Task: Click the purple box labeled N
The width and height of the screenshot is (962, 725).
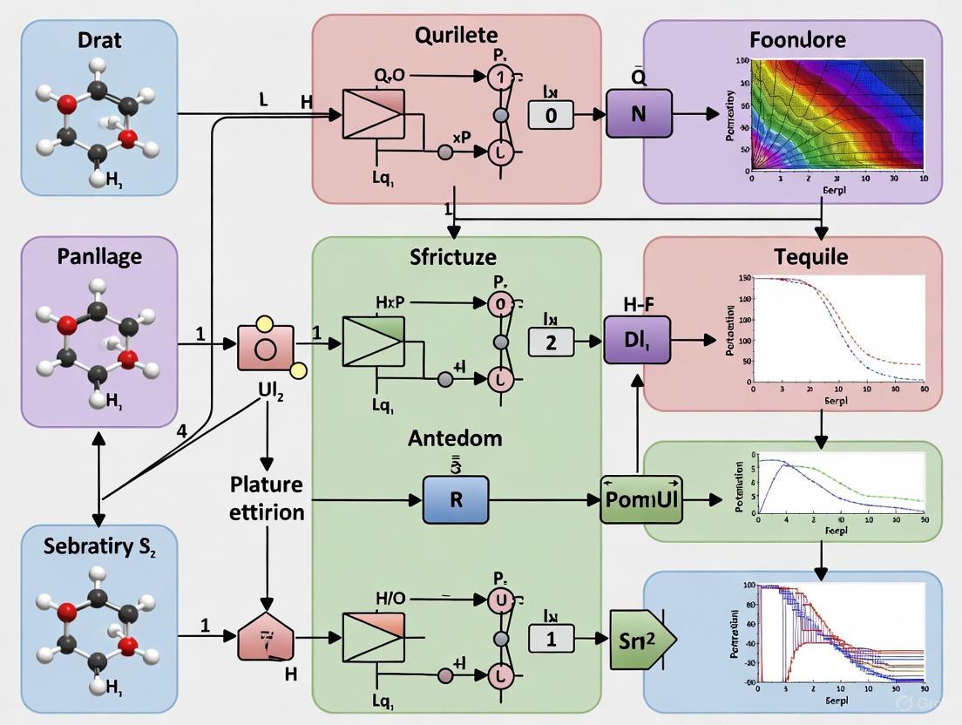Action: coord(638,114)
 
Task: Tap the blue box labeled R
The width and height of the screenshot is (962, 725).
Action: coord(456,499)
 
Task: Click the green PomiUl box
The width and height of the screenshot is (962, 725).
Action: coord(642,499)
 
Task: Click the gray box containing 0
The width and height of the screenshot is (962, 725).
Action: coord(551,114)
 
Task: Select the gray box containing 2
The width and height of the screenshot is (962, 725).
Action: coord(551,342)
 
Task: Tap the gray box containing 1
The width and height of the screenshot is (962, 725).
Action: coord(551,639)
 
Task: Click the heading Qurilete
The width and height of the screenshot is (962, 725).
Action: coord(457,36)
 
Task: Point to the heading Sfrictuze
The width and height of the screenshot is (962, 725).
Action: coord(453,257)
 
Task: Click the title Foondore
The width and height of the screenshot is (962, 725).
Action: coord(796,40)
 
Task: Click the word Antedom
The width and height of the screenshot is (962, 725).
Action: coord(455,437)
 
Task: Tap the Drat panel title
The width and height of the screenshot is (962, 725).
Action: coord(100,40)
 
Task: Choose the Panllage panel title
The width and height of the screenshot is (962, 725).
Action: coord(99,257)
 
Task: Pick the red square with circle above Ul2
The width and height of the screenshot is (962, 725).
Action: coord(265,349)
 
